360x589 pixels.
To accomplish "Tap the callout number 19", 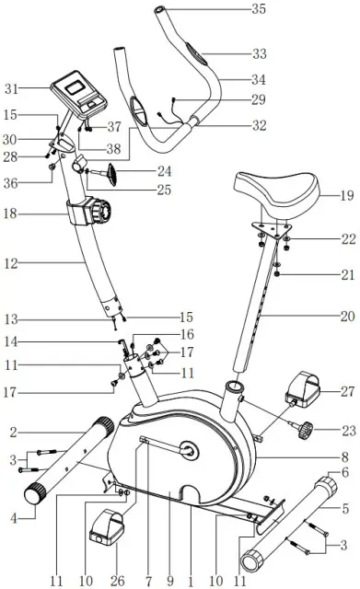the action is [x=347, y=195].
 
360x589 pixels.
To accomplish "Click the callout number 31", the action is [x=11, y=89].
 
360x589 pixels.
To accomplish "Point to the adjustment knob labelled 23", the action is [x=303, y=429].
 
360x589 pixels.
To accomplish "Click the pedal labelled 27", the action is [x=303, y=389].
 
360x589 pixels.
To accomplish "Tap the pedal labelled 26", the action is [x=107, y=527].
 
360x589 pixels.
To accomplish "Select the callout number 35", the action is [x=259, y=8].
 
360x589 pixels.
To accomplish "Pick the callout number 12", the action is [x=11, y=263].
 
